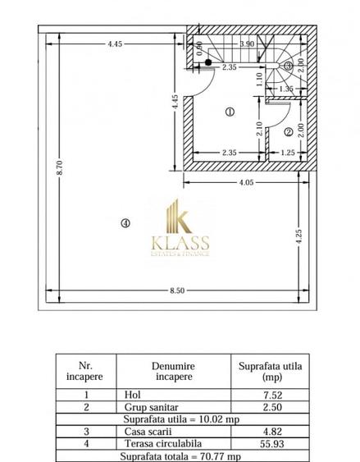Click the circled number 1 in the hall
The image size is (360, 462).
point(230,112)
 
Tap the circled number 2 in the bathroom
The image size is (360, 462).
point(289,131)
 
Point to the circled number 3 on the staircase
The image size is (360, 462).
point(288,66)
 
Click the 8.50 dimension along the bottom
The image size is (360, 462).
point(176,290)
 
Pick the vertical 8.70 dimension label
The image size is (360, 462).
point(60,168)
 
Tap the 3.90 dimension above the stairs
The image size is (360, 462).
point(245,43)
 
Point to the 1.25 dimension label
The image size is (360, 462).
point(288,152)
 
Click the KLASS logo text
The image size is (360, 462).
point(180,243)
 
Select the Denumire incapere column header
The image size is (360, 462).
point(171,371)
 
